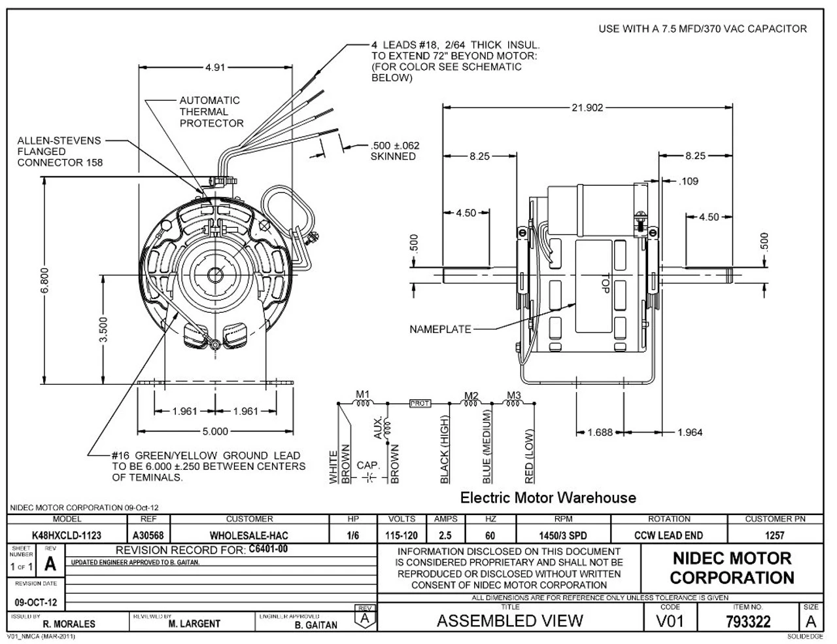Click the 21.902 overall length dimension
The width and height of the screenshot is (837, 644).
587,108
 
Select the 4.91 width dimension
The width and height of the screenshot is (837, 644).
216,67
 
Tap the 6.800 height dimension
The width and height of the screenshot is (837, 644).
45,281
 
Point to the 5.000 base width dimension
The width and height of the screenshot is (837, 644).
215,431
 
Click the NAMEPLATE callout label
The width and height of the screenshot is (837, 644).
439,329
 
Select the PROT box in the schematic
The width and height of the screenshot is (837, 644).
419,404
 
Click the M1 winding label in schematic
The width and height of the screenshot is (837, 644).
362,394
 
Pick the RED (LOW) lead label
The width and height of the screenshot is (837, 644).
530,456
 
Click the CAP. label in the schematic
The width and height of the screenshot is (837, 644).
368,465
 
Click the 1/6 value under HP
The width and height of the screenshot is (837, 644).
353,535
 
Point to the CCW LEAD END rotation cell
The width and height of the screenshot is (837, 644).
668,535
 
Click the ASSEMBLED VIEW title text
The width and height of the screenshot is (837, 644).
509,620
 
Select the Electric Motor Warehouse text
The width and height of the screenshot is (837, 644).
548,497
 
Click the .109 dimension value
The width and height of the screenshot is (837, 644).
689,181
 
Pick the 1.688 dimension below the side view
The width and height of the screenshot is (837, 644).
600,432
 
